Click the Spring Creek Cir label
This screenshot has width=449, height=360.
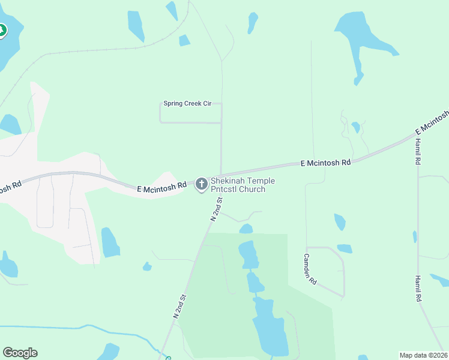tap(188, 104)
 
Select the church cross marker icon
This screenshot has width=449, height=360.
tap(202, 184)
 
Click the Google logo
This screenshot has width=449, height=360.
tap(20, 353)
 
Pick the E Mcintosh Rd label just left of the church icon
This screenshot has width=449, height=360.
tap(161, 188)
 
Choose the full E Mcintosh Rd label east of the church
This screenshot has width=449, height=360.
tap(325, 163)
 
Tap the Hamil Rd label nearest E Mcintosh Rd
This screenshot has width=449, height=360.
tap(418, 151)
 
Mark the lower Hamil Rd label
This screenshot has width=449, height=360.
tap(418, 289)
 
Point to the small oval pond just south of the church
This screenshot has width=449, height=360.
tap(246, 229)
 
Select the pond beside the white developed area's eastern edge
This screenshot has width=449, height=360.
tap(110, 242)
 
